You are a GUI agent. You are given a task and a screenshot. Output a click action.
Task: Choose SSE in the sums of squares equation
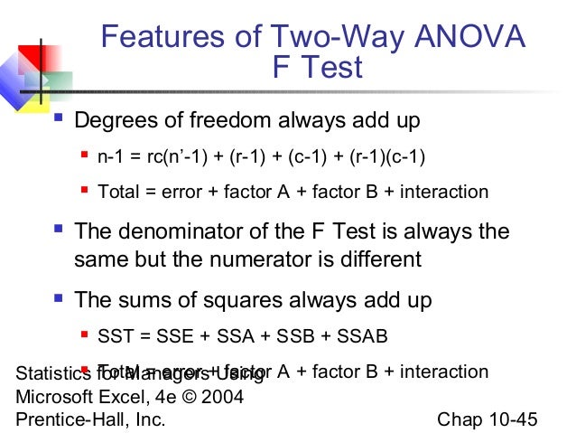click(175, 337)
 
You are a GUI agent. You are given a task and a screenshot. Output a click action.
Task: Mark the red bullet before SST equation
click(85, 336)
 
